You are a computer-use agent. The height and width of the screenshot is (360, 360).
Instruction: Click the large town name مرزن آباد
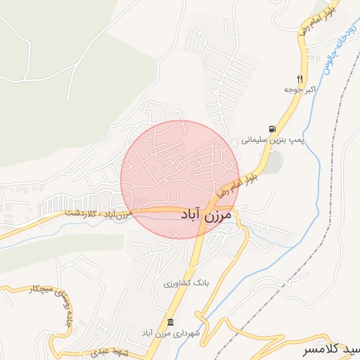pyautogui.click(x=205, y=216)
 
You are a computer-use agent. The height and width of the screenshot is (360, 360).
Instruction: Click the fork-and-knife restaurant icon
pyautogui.click(x=300, y=78)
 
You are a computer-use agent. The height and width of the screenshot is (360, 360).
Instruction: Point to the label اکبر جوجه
pyautogui.click(x=298, y=89)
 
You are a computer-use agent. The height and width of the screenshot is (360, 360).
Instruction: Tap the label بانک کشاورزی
pyautogui.click(x=186, y=283)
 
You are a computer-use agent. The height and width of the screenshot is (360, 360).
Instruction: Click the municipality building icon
pyautogui.click(x=170, y=321)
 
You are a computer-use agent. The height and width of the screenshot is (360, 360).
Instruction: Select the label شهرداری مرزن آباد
pyautogui.click(x=172, y=331)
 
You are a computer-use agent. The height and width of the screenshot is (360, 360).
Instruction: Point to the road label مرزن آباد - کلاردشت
pyautogui.click(x=98, y=213)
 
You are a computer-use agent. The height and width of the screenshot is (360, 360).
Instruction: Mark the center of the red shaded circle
pyautogui.click(x=180, y=180)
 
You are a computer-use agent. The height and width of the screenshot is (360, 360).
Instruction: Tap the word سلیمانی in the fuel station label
pyautogui.click(x=256, y=140)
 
